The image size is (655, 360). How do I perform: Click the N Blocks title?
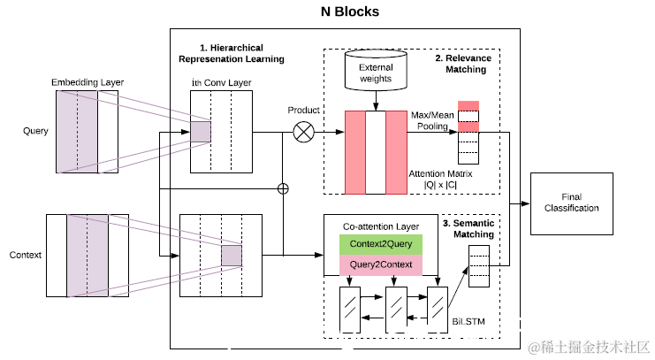pyautogui.click(x=349, y=12)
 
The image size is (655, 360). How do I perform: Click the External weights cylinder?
pyautogui.click(x=377, y=72)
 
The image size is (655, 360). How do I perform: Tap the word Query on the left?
pyautogui.click(x=35, y=131)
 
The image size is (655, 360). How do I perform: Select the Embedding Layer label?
pyautogui.click(x=88, y=82)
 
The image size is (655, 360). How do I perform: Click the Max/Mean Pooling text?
pyautogui.click(x=431, y=122)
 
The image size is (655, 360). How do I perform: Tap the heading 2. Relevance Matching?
pyautogui.click(x=462, y=65)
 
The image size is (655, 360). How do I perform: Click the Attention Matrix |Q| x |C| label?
pyautogui.click(x=441, y=180)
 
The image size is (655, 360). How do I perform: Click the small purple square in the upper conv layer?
pyautogui.click(x=202, y=132)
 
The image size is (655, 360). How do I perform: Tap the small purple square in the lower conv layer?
pyautogui.click(x=231, y=255)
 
